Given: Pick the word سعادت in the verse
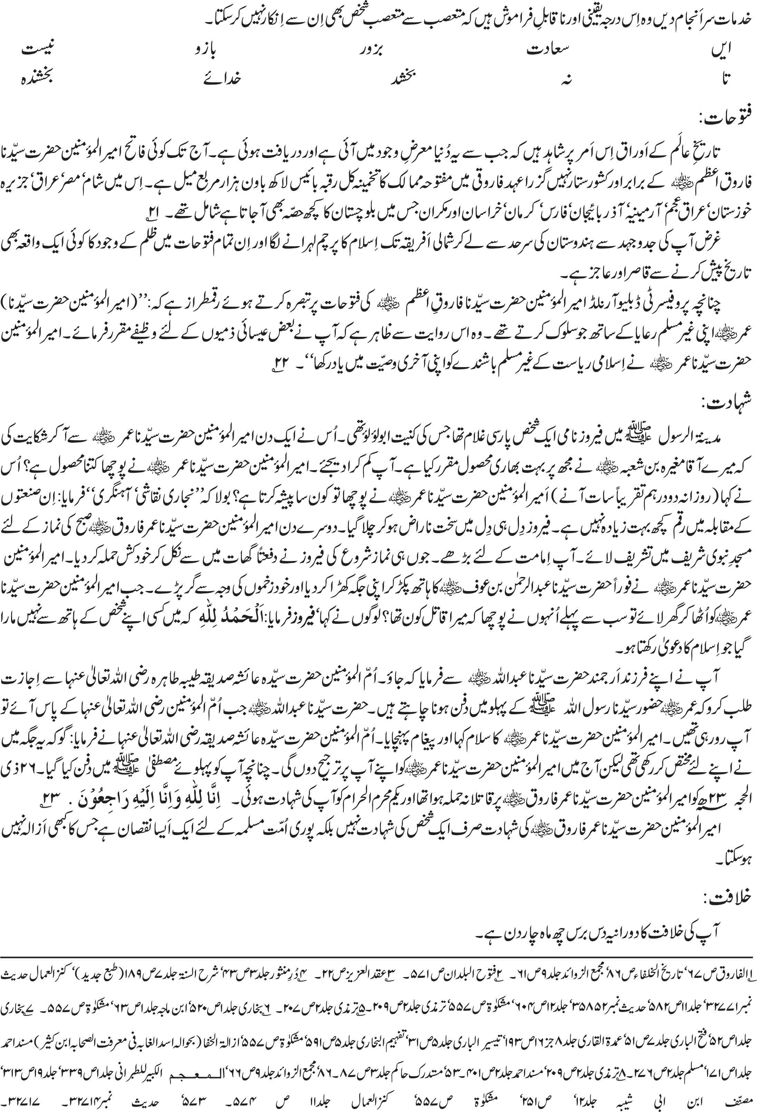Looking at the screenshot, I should [548, 49].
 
